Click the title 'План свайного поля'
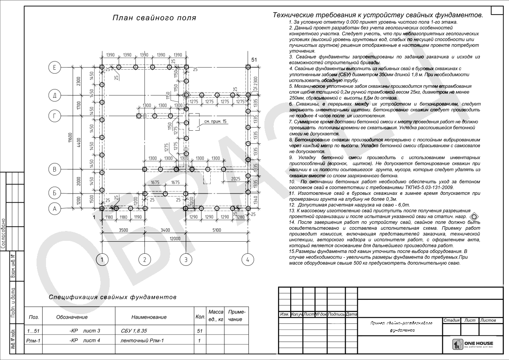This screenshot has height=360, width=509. point(154,18)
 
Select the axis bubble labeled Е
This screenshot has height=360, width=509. point(55,68)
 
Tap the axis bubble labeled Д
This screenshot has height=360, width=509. point(55,95)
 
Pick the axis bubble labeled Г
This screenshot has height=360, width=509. point(55,116)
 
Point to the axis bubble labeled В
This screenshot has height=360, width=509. point(55,169)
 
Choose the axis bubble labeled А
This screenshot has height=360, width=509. point(55,209)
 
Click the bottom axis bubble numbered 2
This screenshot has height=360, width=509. point(145,259)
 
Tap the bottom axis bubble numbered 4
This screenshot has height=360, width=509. point(247,259)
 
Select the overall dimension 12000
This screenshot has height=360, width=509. point(175,238)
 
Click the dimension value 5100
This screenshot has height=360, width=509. point(216,230)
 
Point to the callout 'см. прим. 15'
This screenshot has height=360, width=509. point(215,122)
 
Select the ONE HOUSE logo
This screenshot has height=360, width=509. point(472,344)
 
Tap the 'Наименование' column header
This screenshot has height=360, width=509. point(149,317)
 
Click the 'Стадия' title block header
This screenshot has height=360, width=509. point(451,320)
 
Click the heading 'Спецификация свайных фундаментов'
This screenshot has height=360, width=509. point(112,297)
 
